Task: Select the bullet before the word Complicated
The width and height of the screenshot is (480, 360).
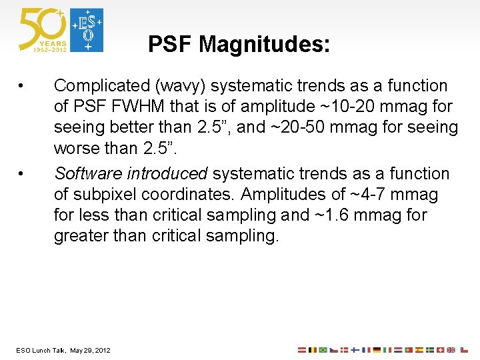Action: (x=22, y=86)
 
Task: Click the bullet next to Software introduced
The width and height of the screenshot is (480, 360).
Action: (x=22, y=174)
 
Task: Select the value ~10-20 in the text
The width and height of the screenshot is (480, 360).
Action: (x=348, y=107)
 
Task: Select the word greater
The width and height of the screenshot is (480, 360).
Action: (x=77, y=236)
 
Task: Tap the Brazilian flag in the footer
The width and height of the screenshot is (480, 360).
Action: (x=323, y=350)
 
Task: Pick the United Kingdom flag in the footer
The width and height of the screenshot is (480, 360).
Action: (x=451, y=350)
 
